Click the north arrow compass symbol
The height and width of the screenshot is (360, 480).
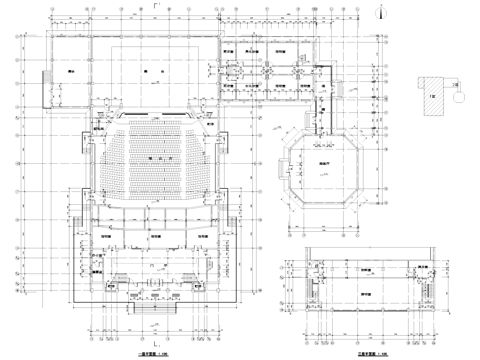pos(384,12)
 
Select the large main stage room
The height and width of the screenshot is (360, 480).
pos(153,76)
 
